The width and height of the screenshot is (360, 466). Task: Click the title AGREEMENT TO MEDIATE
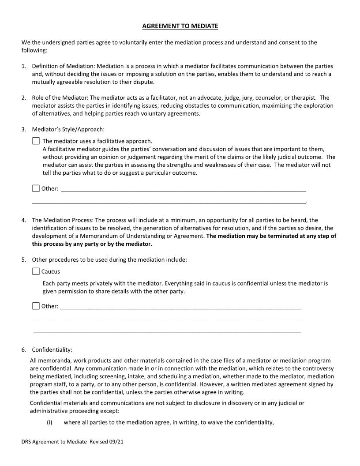(180, 26)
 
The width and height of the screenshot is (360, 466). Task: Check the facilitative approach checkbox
(36, 141)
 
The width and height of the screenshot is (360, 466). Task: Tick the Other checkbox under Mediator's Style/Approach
(36, 188)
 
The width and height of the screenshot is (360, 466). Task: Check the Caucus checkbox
(36, 271)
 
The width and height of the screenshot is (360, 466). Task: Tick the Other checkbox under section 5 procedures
(36, 306)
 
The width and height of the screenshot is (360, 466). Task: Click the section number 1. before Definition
(24, 66)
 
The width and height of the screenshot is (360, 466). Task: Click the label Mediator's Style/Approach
(68, 129)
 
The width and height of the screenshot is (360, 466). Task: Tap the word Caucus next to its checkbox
(51, 271)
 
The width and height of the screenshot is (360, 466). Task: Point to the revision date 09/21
(116, 441)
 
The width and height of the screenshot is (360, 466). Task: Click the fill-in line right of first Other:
(183, 190)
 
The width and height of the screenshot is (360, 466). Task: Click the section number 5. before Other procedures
(24, 259)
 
